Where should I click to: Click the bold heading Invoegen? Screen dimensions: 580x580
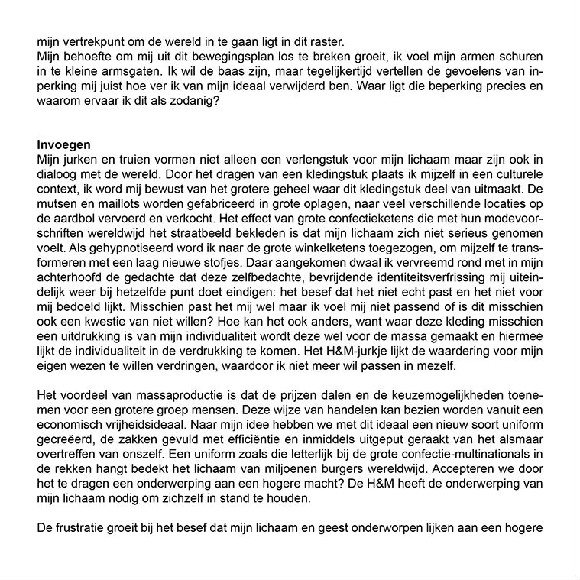click(x=64, y=144)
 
